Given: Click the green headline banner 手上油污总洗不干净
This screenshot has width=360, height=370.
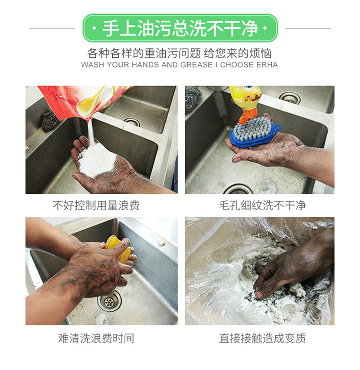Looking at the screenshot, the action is click(180, 28).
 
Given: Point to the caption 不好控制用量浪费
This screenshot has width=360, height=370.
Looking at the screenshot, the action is click(96, 205).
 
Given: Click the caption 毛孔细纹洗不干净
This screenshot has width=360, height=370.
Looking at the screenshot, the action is click(263, 205).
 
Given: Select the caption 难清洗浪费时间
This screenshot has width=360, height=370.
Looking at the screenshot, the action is click(96, 338).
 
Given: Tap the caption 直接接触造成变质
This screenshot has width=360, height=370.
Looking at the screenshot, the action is click(263, 338).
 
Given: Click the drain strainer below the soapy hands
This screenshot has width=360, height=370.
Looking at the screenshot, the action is click(109, 302).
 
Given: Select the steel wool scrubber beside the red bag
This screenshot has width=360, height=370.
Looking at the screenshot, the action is click(50, 121).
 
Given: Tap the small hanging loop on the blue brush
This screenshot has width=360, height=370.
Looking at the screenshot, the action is click(278, 127).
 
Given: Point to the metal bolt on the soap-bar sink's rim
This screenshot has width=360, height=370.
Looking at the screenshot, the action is click(161, 243).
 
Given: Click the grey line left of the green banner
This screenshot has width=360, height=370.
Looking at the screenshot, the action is click(52, 28).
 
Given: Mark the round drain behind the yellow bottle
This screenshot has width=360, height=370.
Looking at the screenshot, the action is click(289, 98).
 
